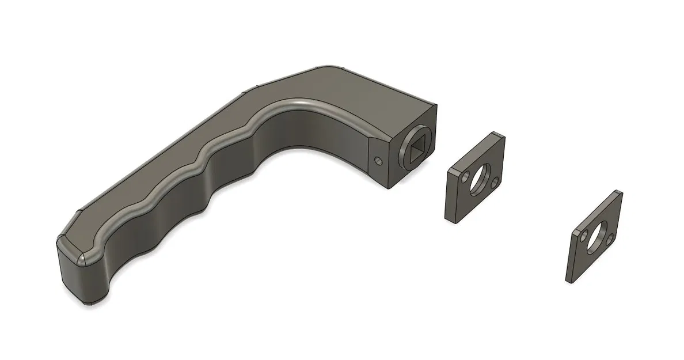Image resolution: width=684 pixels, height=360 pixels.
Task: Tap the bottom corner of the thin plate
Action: coord(570,282)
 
